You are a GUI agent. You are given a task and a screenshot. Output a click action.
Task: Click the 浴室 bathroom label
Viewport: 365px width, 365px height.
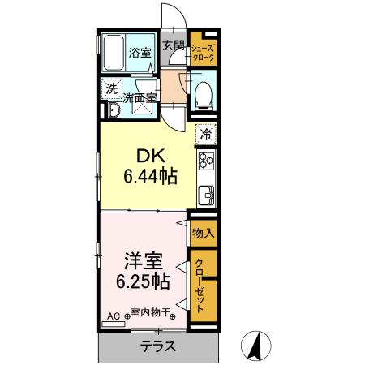click(x=140, y=54)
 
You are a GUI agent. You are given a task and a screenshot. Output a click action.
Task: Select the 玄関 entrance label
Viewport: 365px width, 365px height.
click(x=171, y=45)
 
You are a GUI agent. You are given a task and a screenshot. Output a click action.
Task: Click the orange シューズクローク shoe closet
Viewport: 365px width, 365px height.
click(x=203, y=54)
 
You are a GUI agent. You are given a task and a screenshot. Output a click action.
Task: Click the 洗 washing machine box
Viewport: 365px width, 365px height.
click(x=109, y=90)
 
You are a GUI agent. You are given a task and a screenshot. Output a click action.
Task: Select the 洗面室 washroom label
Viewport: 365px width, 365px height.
click(x=140, y=98)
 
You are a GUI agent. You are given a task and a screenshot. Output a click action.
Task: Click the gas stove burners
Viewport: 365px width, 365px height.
click(x=206, y=160)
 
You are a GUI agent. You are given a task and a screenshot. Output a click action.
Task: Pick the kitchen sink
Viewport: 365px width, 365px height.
click(x=207, y=195)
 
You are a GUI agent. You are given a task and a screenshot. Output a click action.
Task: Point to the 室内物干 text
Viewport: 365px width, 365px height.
click(x=151, y=312)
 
